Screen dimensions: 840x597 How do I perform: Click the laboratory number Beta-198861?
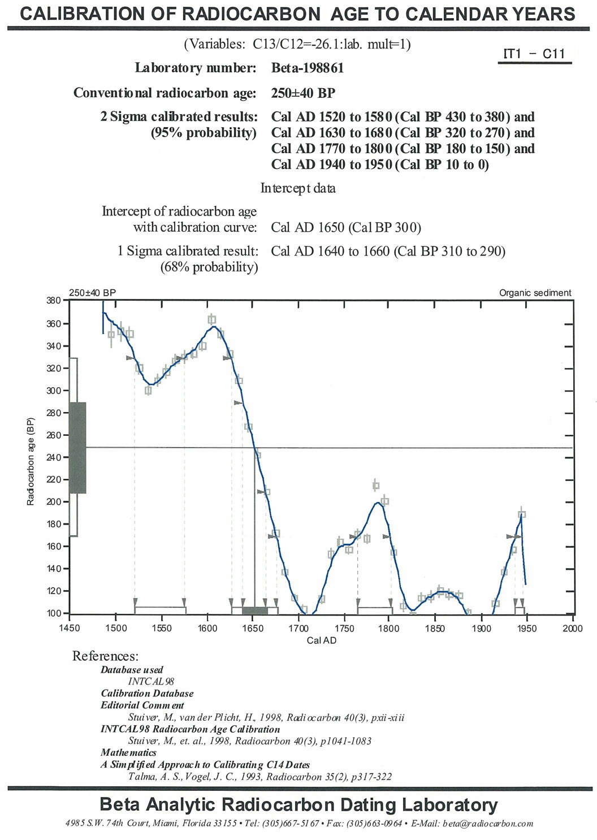pyautogui.click(x=307, y=68)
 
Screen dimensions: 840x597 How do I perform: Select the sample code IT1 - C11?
pyautogui.click(x=534, y=54)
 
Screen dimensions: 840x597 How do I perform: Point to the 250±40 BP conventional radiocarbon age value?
pyautogui.click(x=303, y=93)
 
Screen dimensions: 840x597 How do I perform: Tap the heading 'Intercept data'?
pyautogui.click(x=298, y=188)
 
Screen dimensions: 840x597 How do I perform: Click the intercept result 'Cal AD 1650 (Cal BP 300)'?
pyautogui.click(x=346, y=227)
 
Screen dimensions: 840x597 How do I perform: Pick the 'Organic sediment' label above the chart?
pyautogui.click(x=535, y=293)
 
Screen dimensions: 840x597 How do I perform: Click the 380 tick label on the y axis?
pyautogui.click(x=53, y=301)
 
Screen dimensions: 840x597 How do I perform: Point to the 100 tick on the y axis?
pyautogui.click(x=53, y=613)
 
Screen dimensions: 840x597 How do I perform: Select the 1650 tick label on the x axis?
pyautogui.click(x=253, y=629)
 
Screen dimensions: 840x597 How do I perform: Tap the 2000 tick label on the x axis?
pyautogui.click(x=572, y=629)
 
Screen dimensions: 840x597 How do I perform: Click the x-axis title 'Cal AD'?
pyautogui.click(x=321, y=640)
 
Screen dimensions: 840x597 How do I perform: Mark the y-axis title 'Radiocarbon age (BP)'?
pyautogui.click(x=31, y=461)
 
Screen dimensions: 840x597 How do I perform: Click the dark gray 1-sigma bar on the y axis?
pyautogui.click(x=77, y=448)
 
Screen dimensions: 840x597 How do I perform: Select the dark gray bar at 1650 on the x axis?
pyautogui.click(x=254, y=610)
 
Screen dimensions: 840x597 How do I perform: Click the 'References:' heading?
pyautogui.click(x=105, y=656)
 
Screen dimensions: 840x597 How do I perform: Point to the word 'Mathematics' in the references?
pyautogui.click(x=128, y=752)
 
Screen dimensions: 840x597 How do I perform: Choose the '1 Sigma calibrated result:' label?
pyautogui.click(x=187, y=251)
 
